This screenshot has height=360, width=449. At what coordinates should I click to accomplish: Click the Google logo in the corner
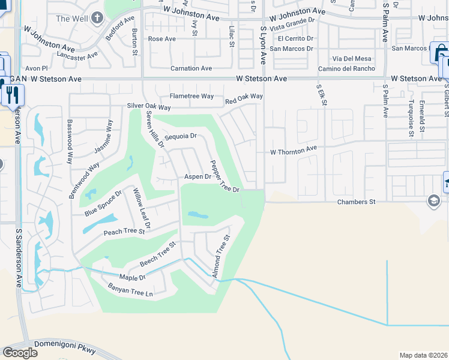(x=20, y=353)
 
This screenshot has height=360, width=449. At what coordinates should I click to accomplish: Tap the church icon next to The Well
(x=98, y=18)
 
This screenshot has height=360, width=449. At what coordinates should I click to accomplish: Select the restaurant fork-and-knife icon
(x=13, y=94)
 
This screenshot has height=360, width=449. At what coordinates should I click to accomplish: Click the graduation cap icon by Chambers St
(x=433, y=200)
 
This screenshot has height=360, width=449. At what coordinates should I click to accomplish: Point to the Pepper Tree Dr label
(x=224, y=176)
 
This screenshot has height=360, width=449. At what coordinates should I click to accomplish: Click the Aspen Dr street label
(x=197, y=177)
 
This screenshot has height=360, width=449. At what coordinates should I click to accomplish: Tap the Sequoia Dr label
(x=181, y=136)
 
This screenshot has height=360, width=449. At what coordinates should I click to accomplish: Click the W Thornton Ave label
(x=293, y=152)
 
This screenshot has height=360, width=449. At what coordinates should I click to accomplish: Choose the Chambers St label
(x=356, y=202)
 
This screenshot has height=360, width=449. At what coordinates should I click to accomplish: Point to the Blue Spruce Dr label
(x=103, y=203)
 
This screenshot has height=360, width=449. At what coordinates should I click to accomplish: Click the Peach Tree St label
(x=124, y=232)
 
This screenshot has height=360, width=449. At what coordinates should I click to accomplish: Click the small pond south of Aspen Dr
(x=197, y=215)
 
